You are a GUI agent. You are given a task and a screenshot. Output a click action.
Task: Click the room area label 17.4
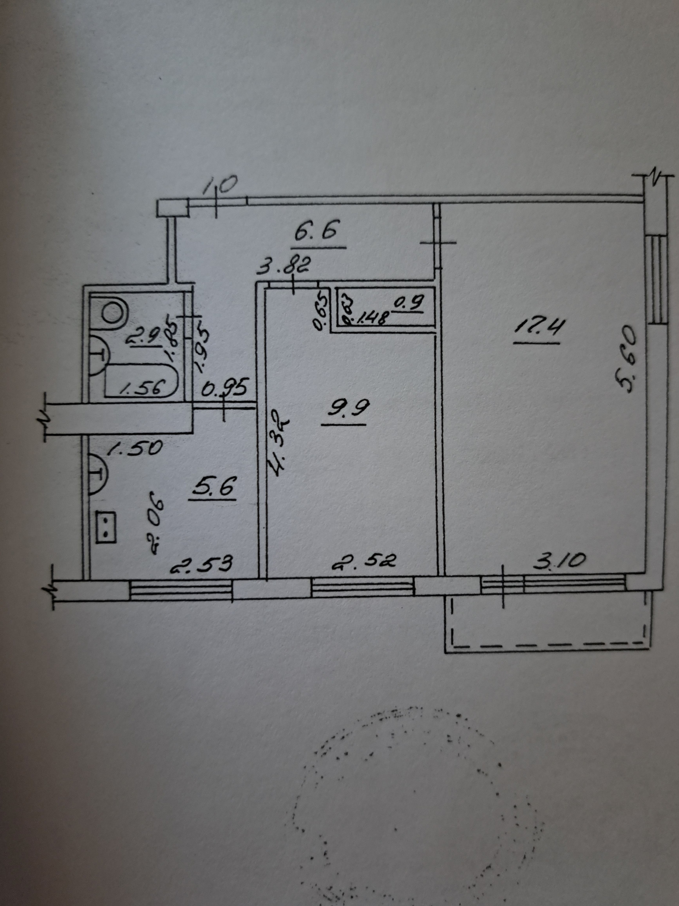[x=536, y=328]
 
